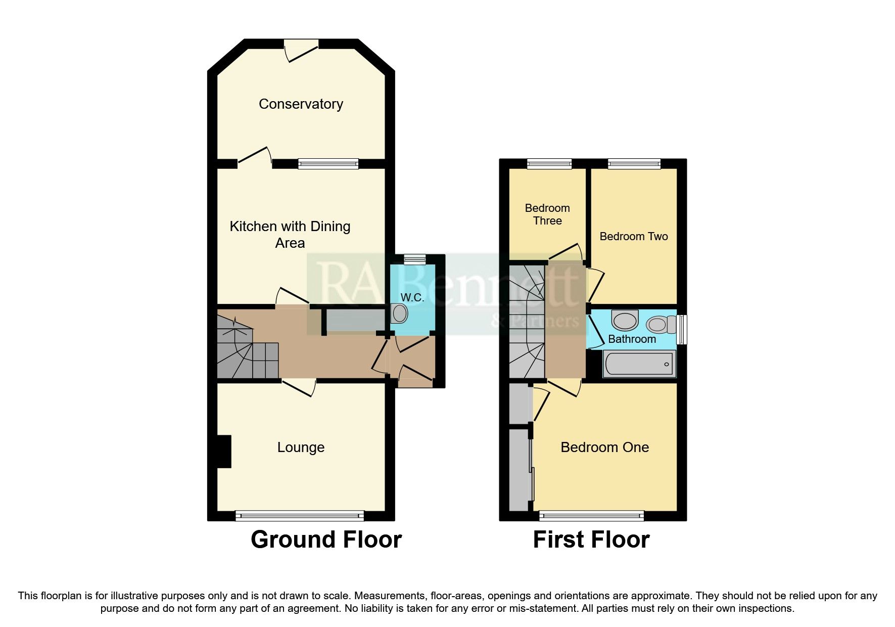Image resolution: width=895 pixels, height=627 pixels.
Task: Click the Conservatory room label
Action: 301,104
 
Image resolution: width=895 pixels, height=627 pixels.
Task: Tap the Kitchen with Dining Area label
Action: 290,234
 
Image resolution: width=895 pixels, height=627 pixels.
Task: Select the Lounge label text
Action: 301,447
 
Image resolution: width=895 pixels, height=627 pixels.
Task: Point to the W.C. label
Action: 412,297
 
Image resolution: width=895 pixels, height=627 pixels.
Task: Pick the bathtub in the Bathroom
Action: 639,364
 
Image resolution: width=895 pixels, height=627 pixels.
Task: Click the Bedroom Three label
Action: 547,214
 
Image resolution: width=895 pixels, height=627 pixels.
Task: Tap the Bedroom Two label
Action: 633,236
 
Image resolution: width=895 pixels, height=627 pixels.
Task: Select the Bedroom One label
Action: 604,447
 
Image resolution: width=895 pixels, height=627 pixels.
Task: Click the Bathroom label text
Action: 632,339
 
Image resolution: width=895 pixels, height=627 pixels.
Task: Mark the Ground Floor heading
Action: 326,540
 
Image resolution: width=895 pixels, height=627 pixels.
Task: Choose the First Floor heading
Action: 591,540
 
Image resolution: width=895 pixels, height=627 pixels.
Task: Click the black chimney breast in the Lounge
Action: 224,451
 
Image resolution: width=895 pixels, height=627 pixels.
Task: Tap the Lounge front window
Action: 300,516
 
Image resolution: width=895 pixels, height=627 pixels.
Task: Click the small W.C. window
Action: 415,259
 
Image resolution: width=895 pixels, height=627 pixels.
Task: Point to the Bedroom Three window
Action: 549,163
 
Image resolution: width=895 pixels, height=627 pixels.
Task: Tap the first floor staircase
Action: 527,324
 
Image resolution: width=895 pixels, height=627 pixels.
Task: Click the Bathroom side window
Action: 682,329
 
